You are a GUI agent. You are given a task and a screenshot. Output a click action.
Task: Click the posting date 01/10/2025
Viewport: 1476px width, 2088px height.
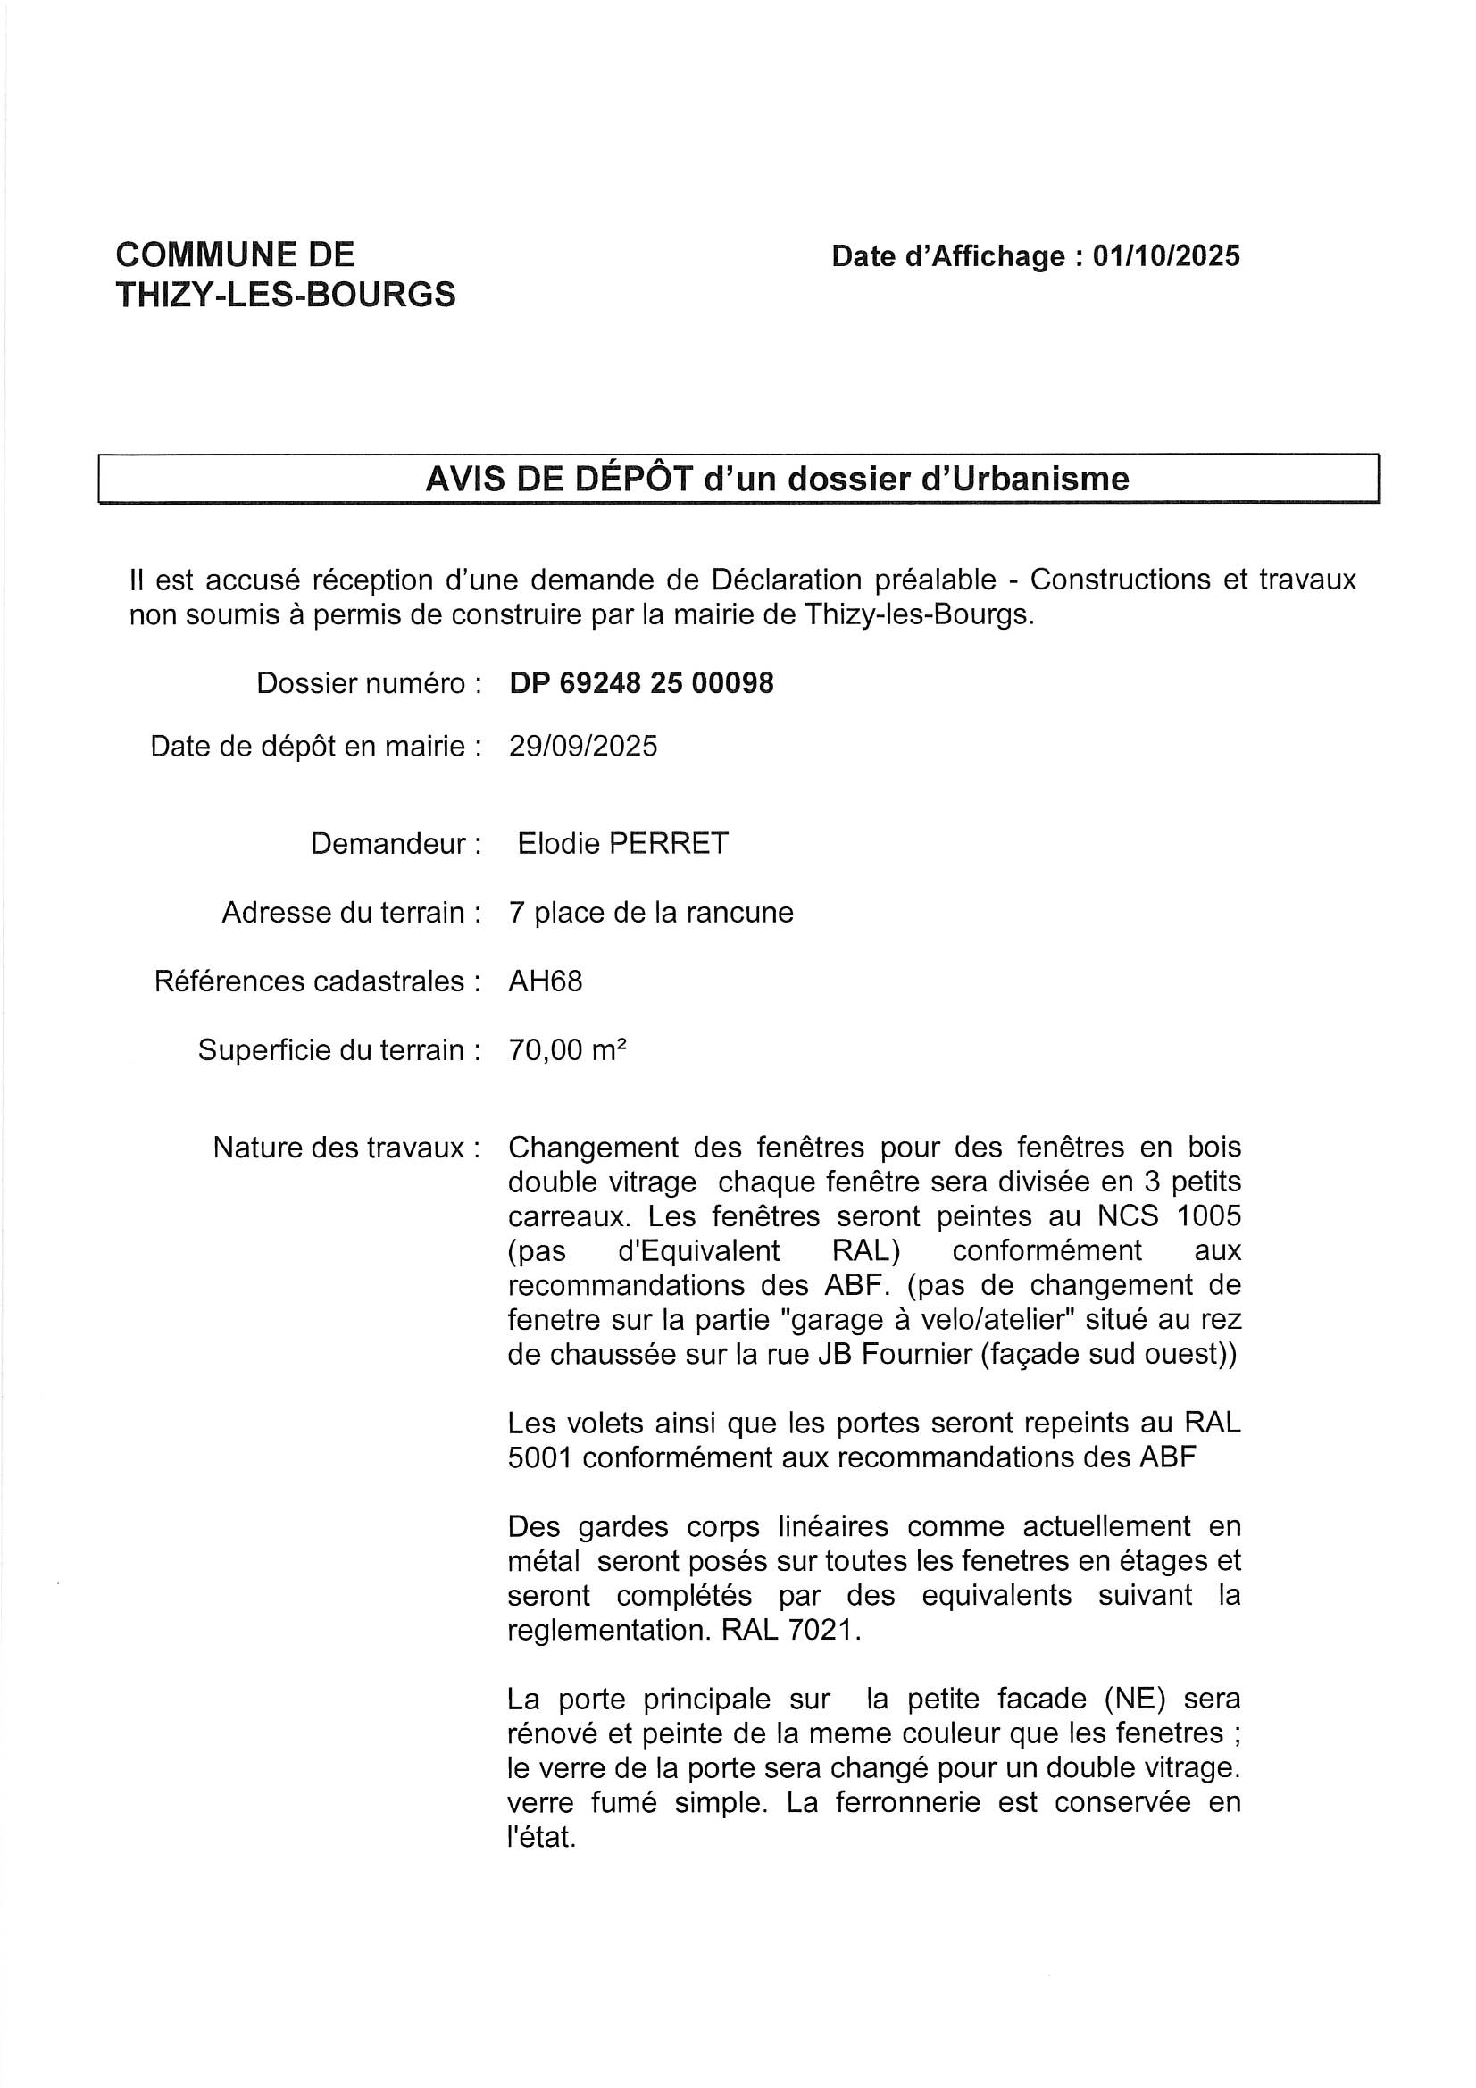point(1166,256)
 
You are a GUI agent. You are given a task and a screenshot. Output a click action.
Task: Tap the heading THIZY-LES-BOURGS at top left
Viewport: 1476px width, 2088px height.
point(286,295)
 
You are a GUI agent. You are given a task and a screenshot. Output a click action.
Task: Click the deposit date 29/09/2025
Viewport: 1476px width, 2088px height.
point(583,746)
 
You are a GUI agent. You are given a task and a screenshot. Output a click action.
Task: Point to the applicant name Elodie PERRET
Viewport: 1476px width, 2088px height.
point(623,843)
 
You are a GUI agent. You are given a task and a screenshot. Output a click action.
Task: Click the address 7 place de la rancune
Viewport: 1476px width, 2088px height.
point(651,912)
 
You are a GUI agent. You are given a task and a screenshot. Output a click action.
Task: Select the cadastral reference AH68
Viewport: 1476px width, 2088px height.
point(546,981)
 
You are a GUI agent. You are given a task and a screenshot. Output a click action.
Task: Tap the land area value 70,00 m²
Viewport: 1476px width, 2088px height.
point(568,1050)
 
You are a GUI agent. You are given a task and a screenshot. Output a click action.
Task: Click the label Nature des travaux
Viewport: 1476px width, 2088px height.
point(346,1148)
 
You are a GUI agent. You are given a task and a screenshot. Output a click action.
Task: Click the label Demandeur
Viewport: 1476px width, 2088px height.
point(396,843)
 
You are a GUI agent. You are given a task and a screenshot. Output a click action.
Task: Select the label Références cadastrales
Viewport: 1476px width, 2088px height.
point(317,981)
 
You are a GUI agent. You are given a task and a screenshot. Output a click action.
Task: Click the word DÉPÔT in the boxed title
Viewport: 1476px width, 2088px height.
point(634,479)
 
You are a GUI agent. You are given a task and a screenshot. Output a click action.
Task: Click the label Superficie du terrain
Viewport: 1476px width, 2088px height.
point(339,1050)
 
